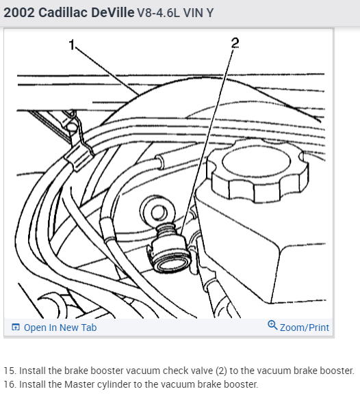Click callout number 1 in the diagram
[x=72, y=45]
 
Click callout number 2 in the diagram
[x=235, y=42]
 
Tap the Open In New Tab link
[x=60, y=328]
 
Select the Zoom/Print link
[x=305, y=328]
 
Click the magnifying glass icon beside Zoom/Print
[x=272, y=325]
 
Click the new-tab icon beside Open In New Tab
[x=16, y=327]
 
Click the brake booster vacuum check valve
[x=168, y=249]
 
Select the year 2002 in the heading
[x=19, y=12]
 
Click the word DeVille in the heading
[x=113, y=12]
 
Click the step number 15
[x=10, y=371]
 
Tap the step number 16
[x=10, y=384]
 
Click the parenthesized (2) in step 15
[x=221, y=371]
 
